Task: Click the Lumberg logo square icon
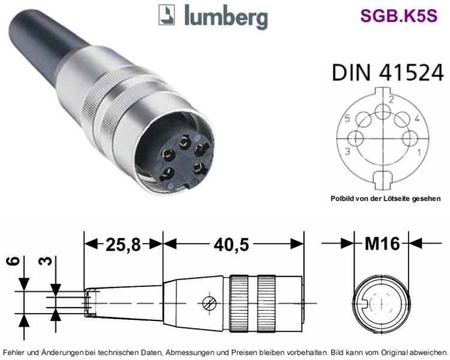(166, 14)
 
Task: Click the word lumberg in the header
(226, 16)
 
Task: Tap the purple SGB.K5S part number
(399, 16)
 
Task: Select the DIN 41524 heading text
(388, 73)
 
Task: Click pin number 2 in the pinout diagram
(391, 100)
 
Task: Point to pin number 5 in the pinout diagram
(347, 118)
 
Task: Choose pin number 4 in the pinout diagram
(417, 118)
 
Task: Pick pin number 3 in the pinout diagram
(347, 151)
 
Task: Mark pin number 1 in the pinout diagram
(419, 152)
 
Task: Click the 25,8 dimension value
(124, 245)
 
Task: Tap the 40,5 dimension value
(232, 245)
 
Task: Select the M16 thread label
(382, 244)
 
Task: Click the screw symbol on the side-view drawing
(209, 303)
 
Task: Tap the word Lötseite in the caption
(397, 199)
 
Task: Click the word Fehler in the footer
(13, 352)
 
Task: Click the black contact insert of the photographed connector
(184, 161)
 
